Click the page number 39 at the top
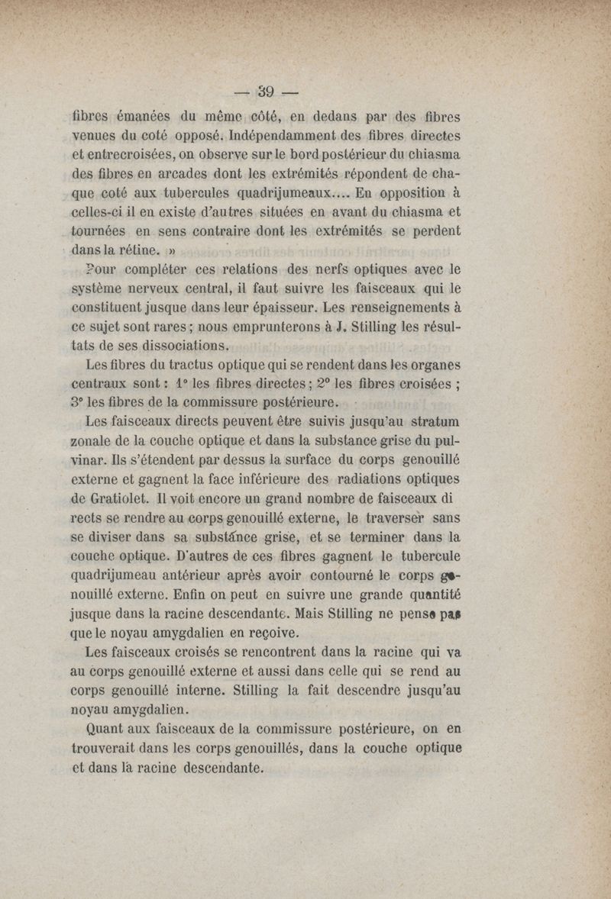point(267,95)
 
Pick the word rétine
point(135,249)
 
